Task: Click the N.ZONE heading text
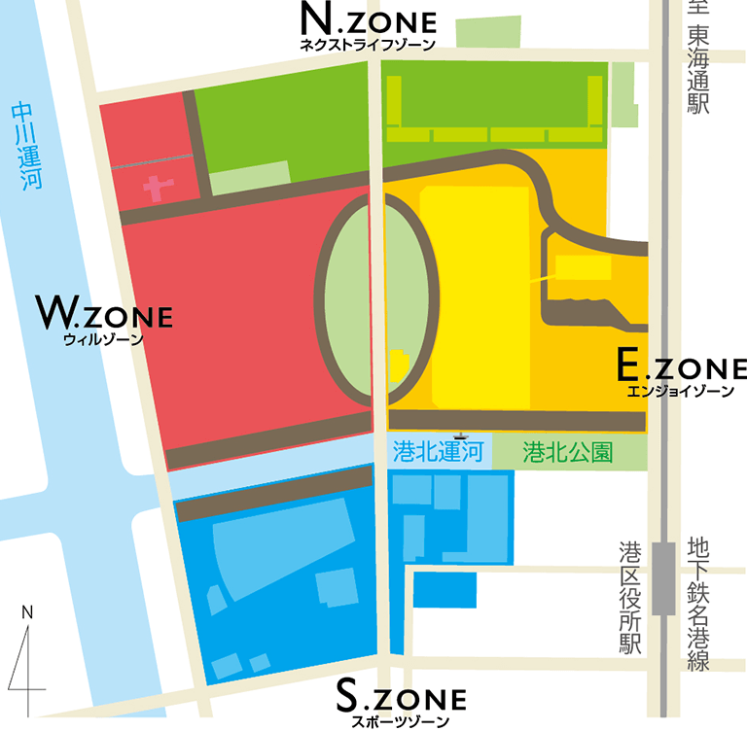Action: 368,19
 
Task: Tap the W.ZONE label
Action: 104,314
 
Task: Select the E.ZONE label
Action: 682,366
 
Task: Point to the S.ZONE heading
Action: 400,696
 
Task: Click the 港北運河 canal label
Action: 438,452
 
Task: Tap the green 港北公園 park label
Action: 567,452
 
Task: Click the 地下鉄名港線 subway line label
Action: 697,603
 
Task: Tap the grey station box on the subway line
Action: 664,577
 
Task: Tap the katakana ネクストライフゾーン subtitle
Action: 368,44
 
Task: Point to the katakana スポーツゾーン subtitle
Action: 400,720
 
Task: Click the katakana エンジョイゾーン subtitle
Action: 682,391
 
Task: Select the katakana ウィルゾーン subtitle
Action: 102,339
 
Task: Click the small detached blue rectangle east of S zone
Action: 445,589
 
